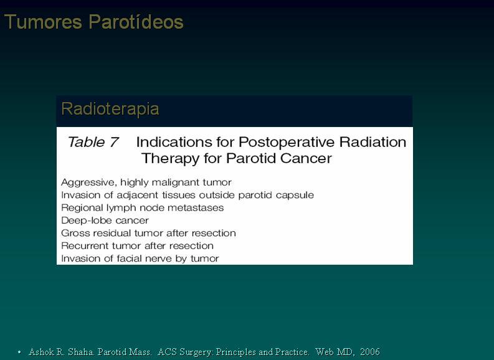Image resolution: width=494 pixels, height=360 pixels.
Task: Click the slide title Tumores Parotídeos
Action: (x=93, y=22)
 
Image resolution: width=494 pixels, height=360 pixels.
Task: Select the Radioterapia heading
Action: (x=110, y=109)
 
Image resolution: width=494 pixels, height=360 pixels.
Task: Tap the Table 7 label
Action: (x=93, y=142)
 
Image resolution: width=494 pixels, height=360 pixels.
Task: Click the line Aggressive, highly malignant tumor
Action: (x=146, y=182)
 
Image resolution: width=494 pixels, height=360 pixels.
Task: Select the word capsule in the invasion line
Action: (x=295, y=196)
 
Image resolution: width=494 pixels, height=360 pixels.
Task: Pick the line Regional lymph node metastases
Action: (x=143, y=208)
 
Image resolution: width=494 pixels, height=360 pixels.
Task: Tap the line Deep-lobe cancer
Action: (x=105, y=220)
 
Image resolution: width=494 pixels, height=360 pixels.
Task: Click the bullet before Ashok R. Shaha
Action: (x=19, y=352)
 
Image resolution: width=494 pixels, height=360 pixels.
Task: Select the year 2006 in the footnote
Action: (x=370, y=351)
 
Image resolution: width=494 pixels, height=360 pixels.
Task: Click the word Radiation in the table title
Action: (x=373, y=142)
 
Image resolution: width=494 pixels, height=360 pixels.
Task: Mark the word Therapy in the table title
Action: (x=170, y=158)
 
